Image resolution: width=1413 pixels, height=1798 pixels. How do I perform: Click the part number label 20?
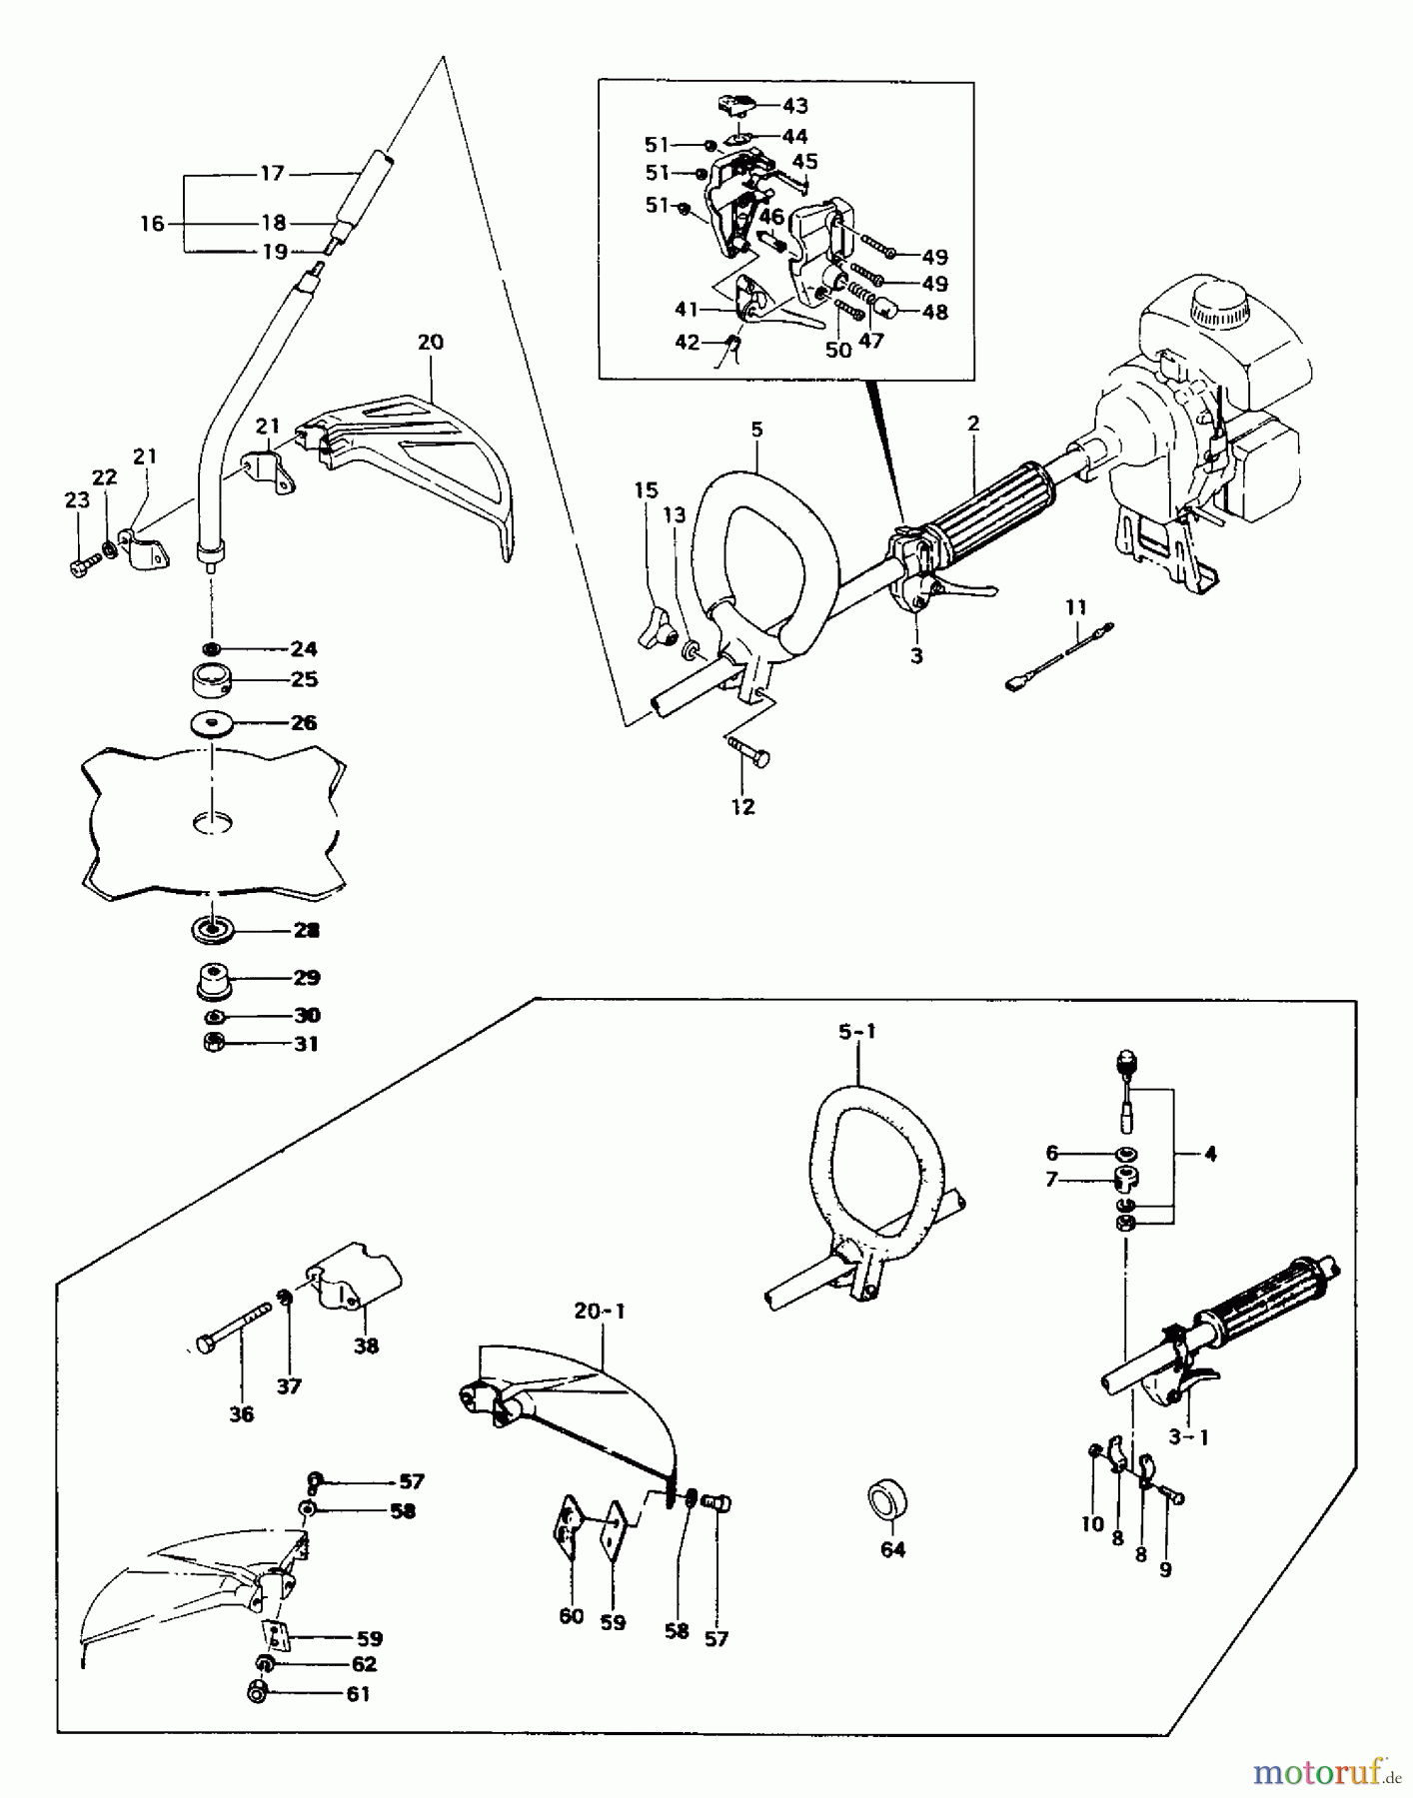click(430, 342)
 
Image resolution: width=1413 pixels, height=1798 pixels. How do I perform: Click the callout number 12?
click(742, 806)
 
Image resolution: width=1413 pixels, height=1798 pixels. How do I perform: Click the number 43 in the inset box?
click(795, 105)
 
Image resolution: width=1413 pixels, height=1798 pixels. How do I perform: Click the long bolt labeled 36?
click(236, 1330)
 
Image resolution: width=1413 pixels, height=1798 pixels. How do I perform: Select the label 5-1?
click(856, 1032)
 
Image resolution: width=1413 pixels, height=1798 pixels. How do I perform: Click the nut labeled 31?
click(213, 1043)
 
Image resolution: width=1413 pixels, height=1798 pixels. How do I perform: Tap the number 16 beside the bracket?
click(152, 224)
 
